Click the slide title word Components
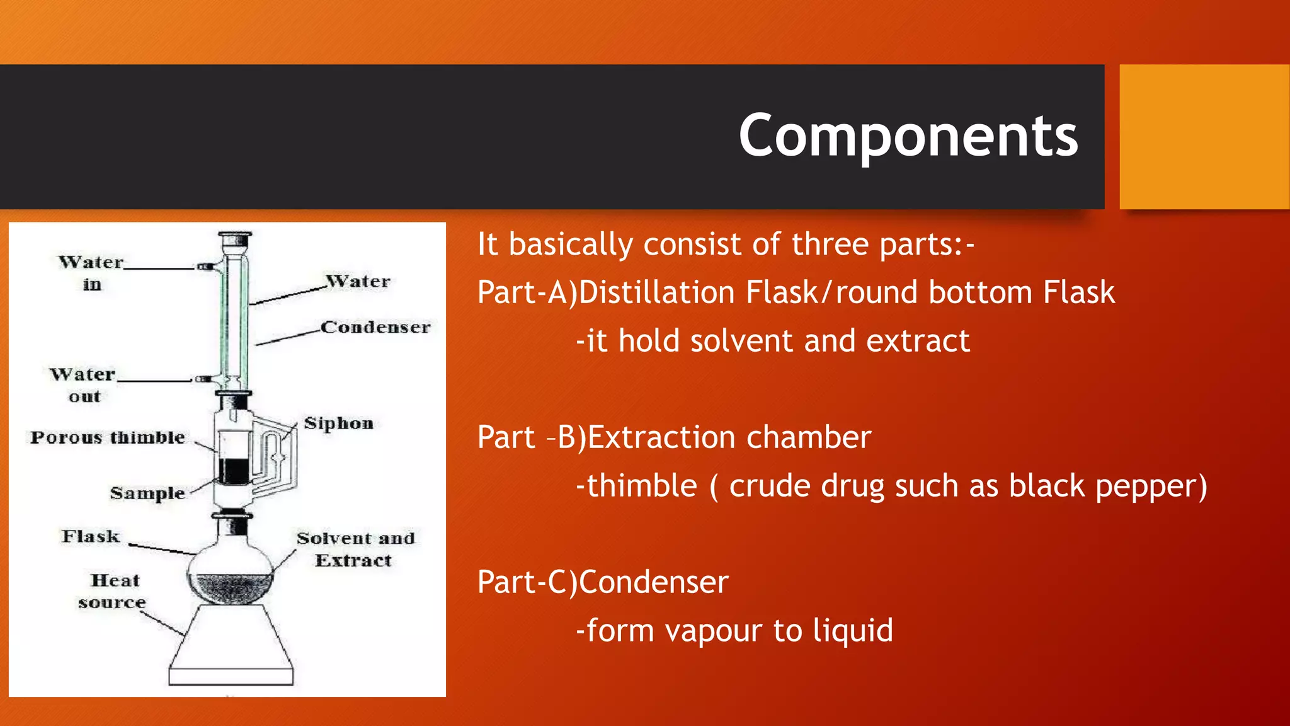(x=908, y=136)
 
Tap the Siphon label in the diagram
(x=339, y=423)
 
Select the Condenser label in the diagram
(x=375, y=327)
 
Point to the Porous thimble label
(x=108, y=437)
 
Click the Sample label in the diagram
(x=147, y=493)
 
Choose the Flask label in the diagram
(x=91, y=536)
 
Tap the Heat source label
(x=113, y=591)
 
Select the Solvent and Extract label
(x=355, y=549)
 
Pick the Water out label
(x=83, y=385)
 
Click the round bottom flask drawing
(x=231, y=570)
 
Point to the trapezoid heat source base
(x=231, y=646)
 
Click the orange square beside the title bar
(x=1204, y=137)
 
